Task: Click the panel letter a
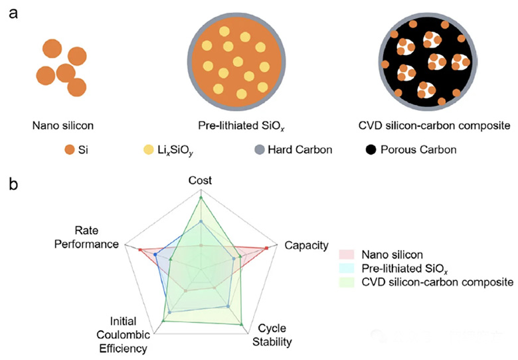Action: pyautogui.click(x=13, y=15)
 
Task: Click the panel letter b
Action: pyautogui.click(x=13, y=183)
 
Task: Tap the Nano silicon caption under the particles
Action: pyautogui.click(x=63, y=126)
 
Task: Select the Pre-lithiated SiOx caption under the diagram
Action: pyautogui.click(x=241, y=126)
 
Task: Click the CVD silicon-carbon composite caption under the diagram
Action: pyautogui.click(x=434, y=126)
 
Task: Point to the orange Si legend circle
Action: pyautogui.click(x=70, y=149)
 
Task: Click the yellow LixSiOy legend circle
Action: pyautogui.click(x=149, y=149)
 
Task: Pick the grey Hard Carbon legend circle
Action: pyautogui.click(x=260, y=149)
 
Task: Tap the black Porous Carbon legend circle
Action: pyautogui.click(x=371, y=149)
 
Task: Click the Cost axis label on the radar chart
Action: pyautogui.click(x=200, y=180)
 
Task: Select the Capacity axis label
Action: pyautogui.click(x=307, y=245)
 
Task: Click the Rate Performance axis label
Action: pyautogui.click(x=86, y=237)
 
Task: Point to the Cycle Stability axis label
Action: pyautogui.click(x=272, y=335)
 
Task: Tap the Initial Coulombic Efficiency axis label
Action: pyautogui.click(x=124, y=335)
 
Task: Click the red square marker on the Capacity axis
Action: pyautogui.click(x=266, y=248)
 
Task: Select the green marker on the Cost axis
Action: pyautogui.click(x=201, y=198)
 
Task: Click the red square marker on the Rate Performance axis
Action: pyautogui.click(x=140, y=250)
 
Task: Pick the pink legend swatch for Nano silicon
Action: pyautogui.click(x=347, y=254)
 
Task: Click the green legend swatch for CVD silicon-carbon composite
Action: pyautogui.click(x=347, y=282)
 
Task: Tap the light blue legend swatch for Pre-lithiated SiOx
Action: pyautogui.click(x=347, y=268)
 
